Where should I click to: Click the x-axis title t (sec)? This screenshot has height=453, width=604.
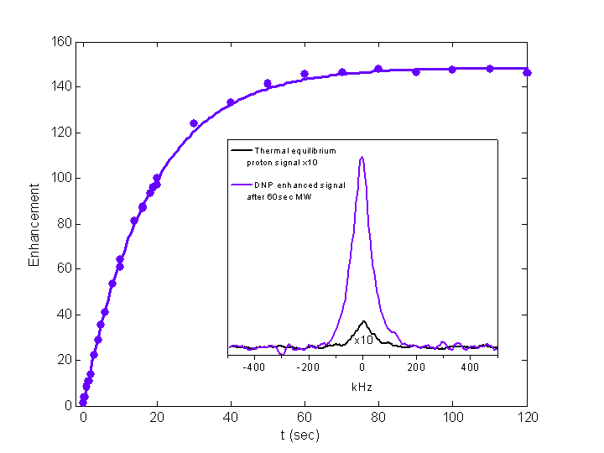click(299, 435)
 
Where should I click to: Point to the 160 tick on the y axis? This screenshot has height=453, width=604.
click(63, 42)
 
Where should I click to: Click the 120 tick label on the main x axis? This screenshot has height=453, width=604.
click(527, 416)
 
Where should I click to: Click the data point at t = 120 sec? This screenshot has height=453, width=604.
click(527, 73)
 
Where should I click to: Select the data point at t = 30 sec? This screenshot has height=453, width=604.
click(194, 123)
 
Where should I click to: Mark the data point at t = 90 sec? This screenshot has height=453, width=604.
click(416, 72)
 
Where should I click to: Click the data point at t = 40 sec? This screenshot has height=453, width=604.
click(231, 102)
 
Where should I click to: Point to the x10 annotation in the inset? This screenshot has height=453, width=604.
click(363, 340)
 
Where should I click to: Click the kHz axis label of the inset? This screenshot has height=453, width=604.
click(362, 388)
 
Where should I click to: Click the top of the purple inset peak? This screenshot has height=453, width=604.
click(362, 157)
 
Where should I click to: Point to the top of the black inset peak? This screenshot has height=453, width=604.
click(363, 321)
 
